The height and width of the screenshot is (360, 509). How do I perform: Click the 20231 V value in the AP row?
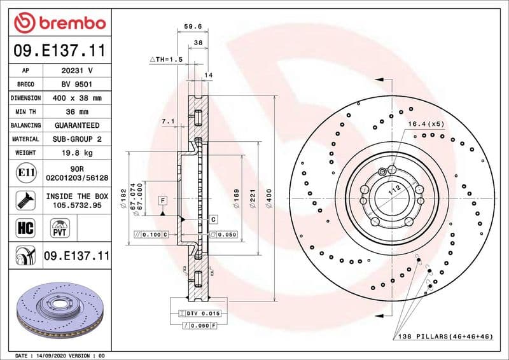77,71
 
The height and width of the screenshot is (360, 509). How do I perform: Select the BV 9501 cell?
77,84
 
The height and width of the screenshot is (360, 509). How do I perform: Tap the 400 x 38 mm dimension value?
77,98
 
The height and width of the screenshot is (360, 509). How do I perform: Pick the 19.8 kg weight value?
77,153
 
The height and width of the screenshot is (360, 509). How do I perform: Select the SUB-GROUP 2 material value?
77,139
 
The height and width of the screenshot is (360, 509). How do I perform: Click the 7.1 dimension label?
168,120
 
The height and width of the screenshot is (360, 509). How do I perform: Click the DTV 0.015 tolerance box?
198,314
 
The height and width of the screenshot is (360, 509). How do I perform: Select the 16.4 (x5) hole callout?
425,124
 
